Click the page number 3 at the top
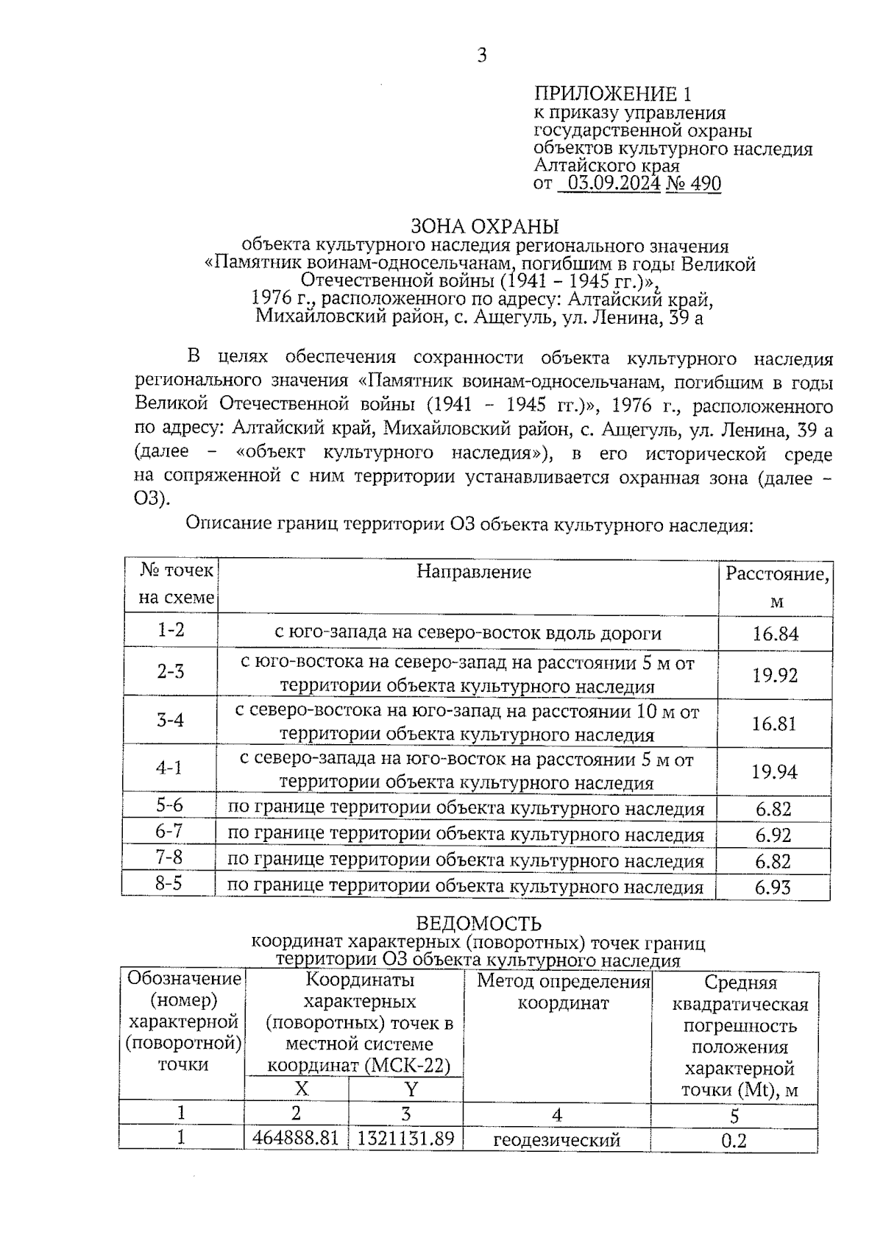(x=482, y=56)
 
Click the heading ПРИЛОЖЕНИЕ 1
(x=612, y=94)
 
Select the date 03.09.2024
(x=610, y=184)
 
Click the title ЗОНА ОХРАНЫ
(x=484, y=226)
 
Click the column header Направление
(x=474, y=572)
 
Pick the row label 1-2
(x=171, y=630)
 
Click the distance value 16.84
(x=775, y=634)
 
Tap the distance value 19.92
(x=775, y=675)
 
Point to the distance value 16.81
(x=774, y=723)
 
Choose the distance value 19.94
(x=774, y=771)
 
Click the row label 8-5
(x=169, y=883)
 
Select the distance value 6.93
(x=773, y=888)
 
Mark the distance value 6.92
(x=773, y=835)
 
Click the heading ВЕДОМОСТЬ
(x=478, y=924)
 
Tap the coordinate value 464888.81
(x=296, y=1138)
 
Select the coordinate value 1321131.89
(x=405, y=1139)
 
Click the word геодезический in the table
(x=556, y=1141)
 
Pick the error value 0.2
(x=734, y=1142)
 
